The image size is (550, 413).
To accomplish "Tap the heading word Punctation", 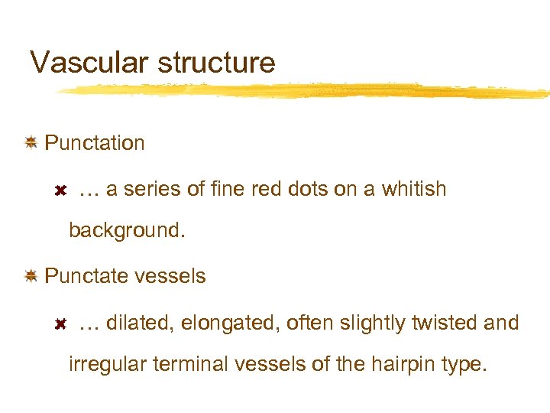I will click(95, 143).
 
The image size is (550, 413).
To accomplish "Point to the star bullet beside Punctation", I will click(31, 142).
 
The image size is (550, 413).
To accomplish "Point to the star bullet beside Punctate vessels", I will click(31, 275).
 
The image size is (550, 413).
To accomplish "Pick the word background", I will click(127, 230).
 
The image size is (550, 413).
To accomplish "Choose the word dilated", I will click(141, 324).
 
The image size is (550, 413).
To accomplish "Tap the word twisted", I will click(444, 324).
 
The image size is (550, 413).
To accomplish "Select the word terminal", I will click(191, 364).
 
